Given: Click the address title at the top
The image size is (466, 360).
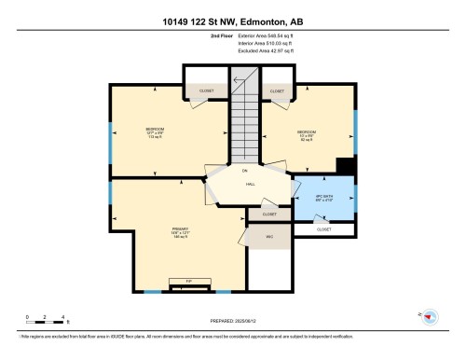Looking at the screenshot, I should (232, 20).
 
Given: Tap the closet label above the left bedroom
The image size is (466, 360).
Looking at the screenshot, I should (206, 91).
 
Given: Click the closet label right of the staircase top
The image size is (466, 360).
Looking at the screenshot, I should (277, 91).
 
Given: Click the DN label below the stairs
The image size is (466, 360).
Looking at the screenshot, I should (245, 171).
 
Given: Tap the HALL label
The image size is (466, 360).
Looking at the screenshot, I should (251, 185).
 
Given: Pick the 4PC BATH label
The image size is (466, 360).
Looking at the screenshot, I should (322, 196).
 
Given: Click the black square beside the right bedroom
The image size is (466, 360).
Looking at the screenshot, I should (346, 165).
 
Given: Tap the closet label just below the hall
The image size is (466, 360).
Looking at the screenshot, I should (269, 215).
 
